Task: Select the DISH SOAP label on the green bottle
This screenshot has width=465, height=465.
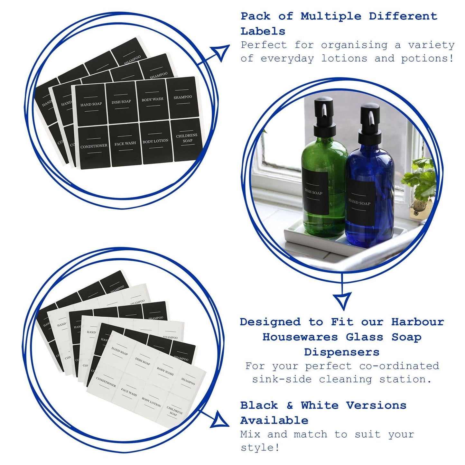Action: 315,193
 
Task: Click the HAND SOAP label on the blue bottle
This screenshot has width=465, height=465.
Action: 360,203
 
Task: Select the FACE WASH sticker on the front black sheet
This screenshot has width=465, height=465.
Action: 126,144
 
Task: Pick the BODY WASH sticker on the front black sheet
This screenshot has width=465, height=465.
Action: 152,100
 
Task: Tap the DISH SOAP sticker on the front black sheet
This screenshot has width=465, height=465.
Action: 121,102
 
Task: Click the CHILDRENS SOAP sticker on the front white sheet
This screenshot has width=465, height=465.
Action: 174,412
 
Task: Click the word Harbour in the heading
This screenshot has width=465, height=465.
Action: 417,322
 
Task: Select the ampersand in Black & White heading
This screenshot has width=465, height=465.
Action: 290,405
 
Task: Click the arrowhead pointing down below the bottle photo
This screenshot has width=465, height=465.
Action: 342,301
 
